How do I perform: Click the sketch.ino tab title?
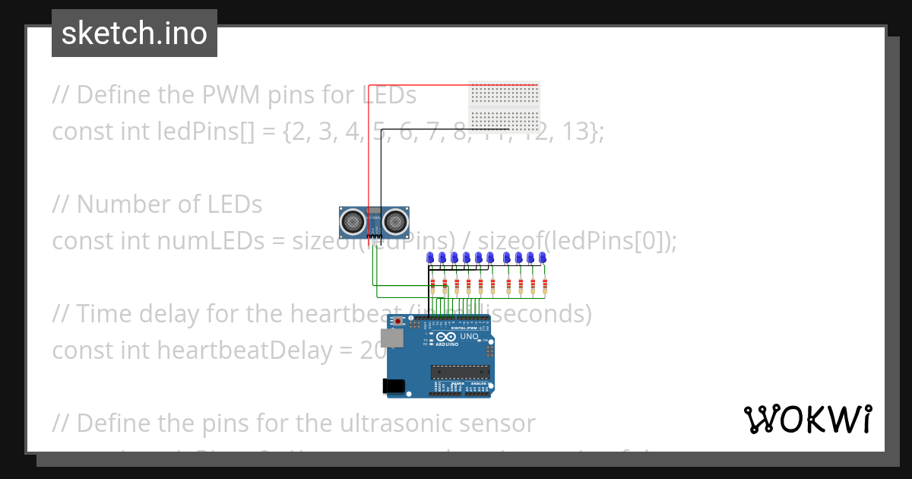(135, 33)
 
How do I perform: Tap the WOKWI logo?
(807, 419)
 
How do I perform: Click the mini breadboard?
(504, 106)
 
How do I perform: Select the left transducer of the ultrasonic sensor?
(353, 221)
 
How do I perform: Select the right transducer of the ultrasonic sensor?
(395, 221)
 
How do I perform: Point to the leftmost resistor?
(432, 287)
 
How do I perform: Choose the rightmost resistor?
(545, 287)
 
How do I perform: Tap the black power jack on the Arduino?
(394, 385)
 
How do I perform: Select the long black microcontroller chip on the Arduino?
(460, 372)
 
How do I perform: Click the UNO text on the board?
(470, 336)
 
